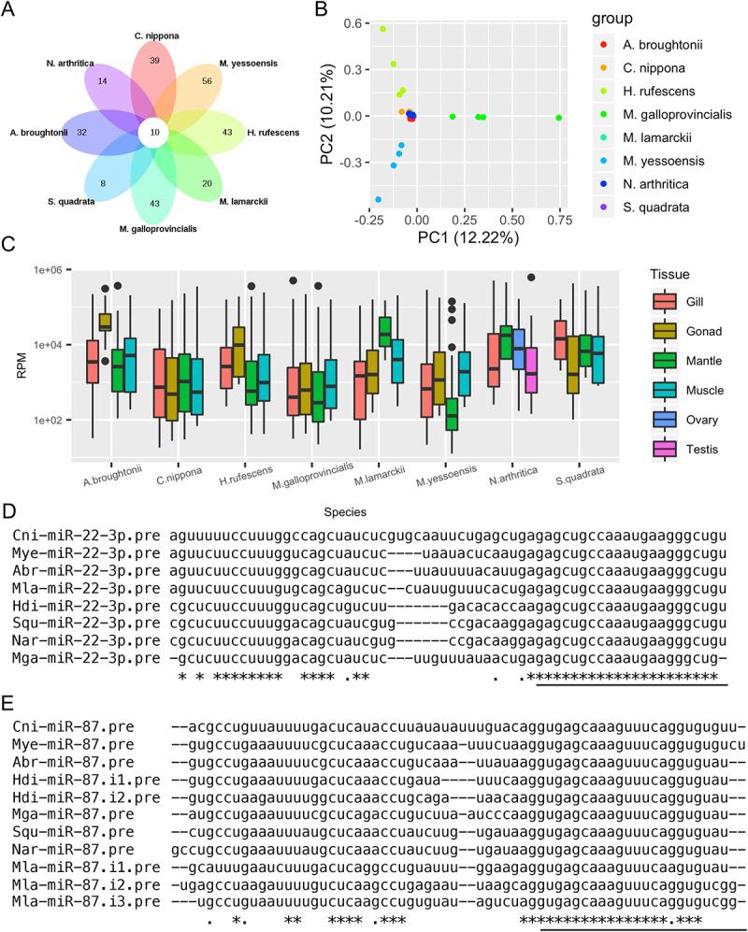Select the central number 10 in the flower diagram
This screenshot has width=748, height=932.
pos(153,133)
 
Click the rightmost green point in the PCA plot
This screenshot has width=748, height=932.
pos(558,118)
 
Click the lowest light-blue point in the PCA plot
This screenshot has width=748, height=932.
pos(378,200)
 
